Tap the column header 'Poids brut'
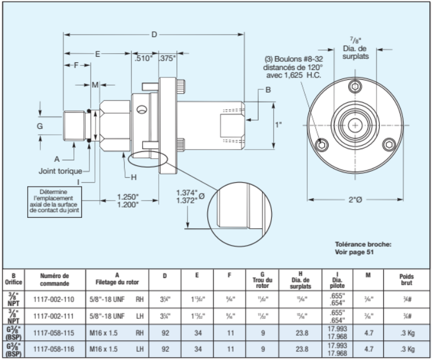tap(407, 280)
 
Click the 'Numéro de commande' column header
tap(56, 280)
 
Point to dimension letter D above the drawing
tap(154, 35)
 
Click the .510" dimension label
tap(143, 58)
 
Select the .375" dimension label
tap(167, 58)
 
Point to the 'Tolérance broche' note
tap(363, 248)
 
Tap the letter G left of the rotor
tap(40, 125)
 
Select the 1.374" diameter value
tap(186, 192)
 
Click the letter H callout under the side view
tap(133, 177)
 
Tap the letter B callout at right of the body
tap(268, 90)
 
